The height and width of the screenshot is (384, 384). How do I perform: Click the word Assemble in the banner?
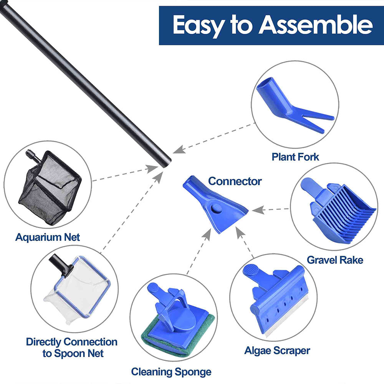pos(316,25)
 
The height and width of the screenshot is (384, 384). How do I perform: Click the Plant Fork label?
pos(295,157)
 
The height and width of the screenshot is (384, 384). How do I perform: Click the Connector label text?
pos(235,181)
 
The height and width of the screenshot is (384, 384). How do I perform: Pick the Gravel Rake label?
pos(335,260)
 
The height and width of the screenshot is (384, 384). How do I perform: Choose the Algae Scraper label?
pos(277,350)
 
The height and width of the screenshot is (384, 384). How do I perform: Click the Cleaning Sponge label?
pos(171,372)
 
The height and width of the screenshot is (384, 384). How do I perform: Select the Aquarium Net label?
pos(48,237)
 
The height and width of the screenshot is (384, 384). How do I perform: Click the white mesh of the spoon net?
pos(77,292)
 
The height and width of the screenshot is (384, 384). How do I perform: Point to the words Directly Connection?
pos(72,342)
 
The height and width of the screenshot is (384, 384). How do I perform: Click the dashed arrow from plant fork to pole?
pos(215,138)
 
